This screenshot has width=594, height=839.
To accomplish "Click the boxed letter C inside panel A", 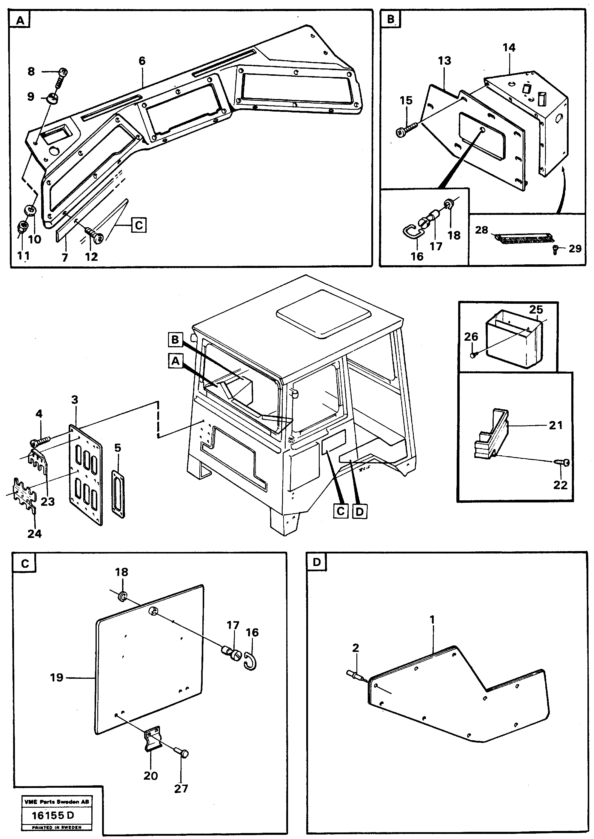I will (x=139, y=225).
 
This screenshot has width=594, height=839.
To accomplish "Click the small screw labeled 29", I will (x=555, y=250).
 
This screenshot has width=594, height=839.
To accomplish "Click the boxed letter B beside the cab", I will (x=175, y=340).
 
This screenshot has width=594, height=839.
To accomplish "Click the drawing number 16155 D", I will (x=53, y=815).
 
